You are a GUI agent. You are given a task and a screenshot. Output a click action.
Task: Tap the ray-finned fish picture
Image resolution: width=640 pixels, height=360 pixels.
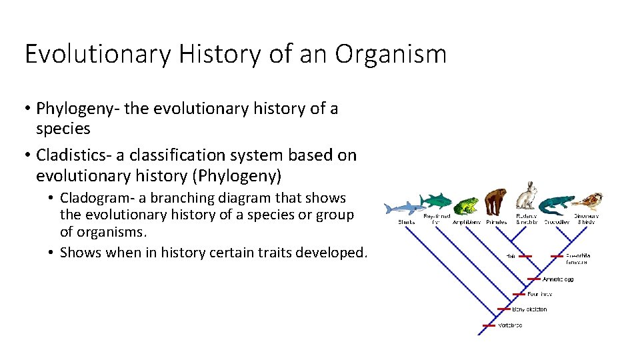tap(435, 200)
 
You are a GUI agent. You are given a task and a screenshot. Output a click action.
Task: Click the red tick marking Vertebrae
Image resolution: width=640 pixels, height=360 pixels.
tap(487, 325)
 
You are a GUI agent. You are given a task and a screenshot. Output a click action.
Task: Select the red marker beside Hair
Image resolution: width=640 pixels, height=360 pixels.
tap(525, 255)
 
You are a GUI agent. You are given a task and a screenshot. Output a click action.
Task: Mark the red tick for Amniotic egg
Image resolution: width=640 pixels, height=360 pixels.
tap(533, 279)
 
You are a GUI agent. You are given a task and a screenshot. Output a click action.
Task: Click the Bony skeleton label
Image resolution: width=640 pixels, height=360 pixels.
tap(529, 309)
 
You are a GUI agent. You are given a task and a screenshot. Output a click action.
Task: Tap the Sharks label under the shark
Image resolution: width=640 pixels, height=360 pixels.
tap(407, 222)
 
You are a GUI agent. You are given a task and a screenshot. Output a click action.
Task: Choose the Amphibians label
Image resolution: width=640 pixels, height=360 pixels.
tap(467, 222)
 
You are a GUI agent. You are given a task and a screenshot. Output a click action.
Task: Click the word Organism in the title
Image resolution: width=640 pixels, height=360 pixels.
tap(391, 54)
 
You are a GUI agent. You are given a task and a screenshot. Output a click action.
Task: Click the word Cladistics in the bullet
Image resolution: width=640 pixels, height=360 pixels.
tap(73, 155)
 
